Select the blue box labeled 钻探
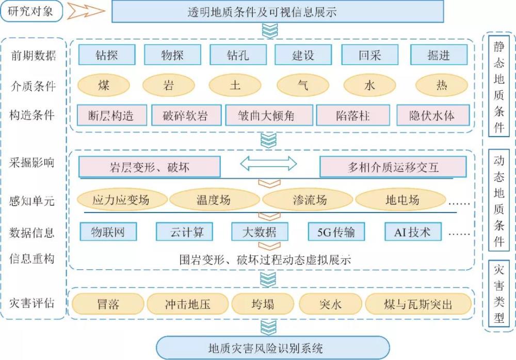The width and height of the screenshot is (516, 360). click(107, 55)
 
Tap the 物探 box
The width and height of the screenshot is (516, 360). click(172, 55)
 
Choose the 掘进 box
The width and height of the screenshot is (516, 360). click(439, 55)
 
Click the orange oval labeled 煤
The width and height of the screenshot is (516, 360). click(104, 85)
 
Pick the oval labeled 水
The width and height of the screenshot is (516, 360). click(369, 85)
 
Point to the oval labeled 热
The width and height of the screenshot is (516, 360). click(442, 85)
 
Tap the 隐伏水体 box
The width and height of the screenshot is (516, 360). click(432, 116)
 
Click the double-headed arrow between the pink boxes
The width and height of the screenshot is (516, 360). click(268, 164)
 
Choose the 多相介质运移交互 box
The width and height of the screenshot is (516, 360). click(393, 167)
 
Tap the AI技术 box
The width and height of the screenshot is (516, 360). click(412, 232)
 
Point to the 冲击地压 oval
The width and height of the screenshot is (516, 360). click(187, 304)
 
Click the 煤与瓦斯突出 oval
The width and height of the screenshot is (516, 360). click(418, 304)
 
